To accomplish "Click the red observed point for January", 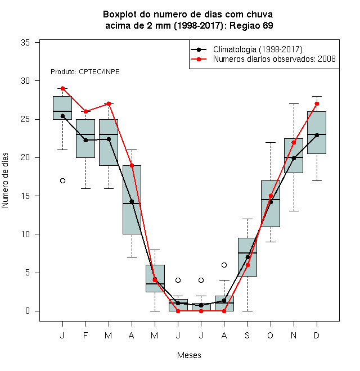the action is [x=62, y=88].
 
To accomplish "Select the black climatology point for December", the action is [x=317, y=135].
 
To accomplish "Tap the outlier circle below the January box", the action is [x=62, y=181].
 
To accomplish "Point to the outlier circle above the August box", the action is [x=224, y=265].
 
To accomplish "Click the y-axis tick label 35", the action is [x=25, y=43].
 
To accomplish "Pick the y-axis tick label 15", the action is [x=25, y=196].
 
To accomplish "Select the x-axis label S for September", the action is [x=247, y=335].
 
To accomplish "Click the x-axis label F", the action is [x=85, y=335].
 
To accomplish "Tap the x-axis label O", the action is [x=270, y=335].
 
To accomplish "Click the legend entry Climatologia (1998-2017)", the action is [x=258, y=49].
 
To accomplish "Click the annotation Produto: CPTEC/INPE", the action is [x=85, y=72].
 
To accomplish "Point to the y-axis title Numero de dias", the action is [x=5, y=180].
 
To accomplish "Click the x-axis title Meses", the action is [x=189, y=355].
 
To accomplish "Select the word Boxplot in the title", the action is [x=120, y=15].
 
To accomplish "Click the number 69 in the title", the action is [x=268, y=25].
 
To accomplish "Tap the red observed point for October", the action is [x=271, y=196].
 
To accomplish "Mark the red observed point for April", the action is [x=132, y=165].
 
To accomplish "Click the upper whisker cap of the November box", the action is [x=294, y=103].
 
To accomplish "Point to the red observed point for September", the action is [x=247, y=265].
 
